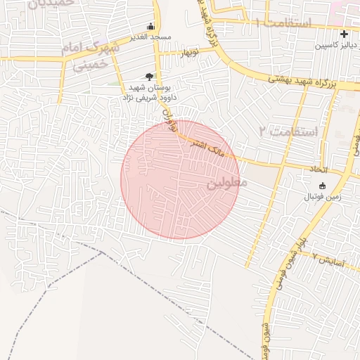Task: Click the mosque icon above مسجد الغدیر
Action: pos(150,26)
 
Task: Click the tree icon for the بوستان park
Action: pos(148,76)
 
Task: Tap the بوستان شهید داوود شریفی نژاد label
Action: pos(152,92)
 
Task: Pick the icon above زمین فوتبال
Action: pos(322,186)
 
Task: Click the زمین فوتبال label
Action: pos(322,197)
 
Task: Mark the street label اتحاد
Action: pos(319,170)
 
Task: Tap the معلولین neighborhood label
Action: pos(227,184)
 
